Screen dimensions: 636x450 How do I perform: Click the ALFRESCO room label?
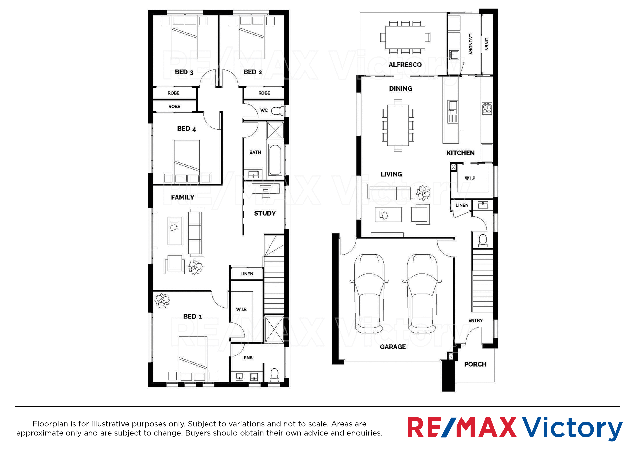coord(405,65)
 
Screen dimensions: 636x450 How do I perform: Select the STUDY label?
coord(265,213)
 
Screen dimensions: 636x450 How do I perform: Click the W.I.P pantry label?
coord(470,178)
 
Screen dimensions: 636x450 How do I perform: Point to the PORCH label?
coord(475,364)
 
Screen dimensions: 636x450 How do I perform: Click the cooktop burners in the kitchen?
coord(487,108)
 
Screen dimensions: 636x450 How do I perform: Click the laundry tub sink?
coord(454,55)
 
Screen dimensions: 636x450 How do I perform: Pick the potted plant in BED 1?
coord(162,300)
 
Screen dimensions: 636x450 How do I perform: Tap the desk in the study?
coord(265,191)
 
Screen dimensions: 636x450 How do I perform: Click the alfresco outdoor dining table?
coord(405,37)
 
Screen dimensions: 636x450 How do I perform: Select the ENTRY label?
coord(475,320)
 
